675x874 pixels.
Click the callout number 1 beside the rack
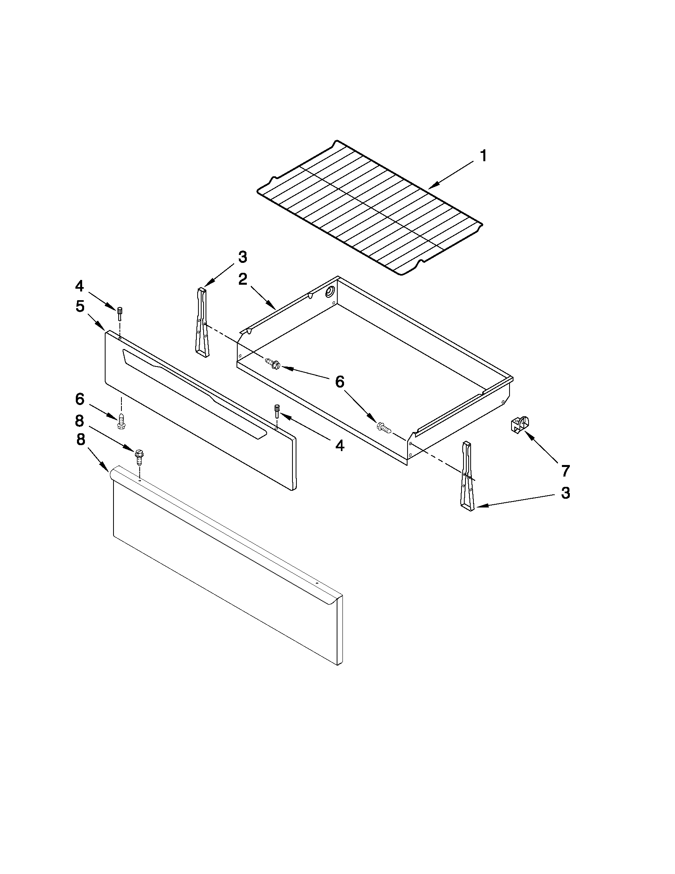pyautogui.click(x=483, y=156)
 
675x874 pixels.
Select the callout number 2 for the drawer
pyautogui.click(x=243, y=279)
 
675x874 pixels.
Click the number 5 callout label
pyautogui.click(x=80, y=307)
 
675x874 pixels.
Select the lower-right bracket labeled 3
pyautogui.click(x=467, y=476)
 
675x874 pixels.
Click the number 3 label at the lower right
pyautogui.click(x=565, y=494)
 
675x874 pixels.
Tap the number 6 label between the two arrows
pyautogui.click(x=340, y=382)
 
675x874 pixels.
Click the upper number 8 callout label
pyautogui.click(x=80, y=421)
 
